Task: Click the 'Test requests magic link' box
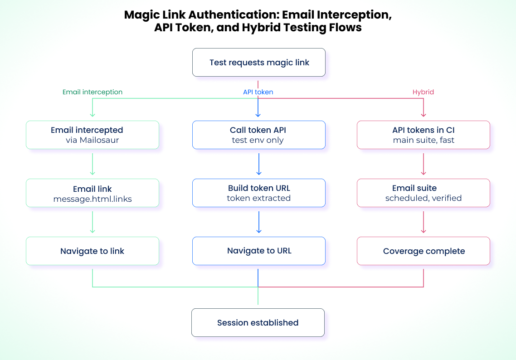[258, 63]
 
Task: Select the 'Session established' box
[258, 323]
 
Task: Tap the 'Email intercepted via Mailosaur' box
[92, 135]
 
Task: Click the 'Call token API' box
[258, 135]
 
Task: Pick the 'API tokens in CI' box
[423, 135]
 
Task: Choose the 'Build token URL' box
[258, 193]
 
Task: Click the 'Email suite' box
[423, 193]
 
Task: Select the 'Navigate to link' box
[92, 251]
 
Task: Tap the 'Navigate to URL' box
[258, 251]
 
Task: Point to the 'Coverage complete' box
[423, 251]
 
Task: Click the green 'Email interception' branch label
[92, 92]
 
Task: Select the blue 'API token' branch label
[258, 92]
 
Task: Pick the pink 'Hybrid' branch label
[423, 92]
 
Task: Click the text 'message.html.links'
[92, 199]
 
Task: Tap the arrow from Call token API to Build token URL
[258, 164]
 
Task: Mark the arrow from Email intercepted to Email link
[92, 164]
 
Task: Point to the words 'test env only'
[258, 141]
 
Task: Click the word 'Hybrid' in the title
[260, 28]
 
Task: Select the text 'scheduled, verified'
[423, 199]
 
